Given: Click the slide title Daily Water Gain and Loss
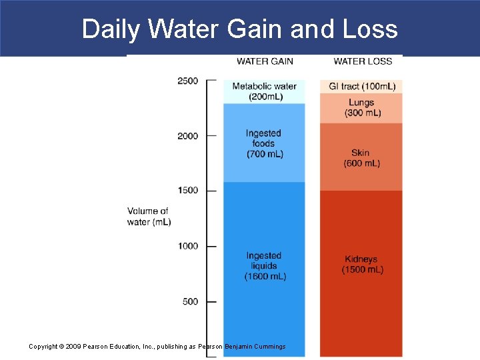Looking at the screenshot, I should point(239,29).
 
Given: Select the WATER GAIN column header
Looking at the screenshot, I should point(265,61).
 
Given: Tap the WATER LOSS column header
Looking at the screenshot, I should point(363,61).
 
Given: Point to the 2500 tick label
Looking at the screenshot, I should point(187,81).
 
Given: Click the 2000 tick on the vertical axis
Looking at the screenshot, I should point(187,136).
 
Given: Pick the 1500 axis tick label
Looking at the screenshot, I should point(187,191).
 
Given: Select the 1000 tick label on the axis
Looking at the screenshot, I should point(187,246).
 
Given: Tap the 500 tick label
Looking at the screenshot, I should point(190,301).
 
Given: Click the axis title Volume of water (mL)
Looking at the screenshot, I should point(149,217).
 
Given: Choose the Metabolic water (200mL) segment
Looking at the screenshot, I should point(265,91).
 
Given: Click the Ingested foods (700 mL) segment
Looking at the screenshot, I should point(264,143).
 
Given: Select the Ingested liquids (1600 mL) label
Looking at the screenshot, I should point(265,266).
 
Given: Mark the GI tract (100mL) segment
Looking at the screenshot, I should point(362,87).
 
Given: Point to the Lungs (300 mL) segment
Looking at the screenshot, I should point(362,108).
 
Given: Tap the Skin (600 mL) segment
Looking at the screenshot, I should point(361,158).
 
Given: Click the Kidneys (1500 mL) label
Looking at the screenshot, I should point(362,265).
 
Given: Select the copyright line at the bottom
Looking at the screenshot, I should point(157,347).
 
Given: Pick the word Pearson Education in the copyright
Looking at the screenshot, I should point(94,347).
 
